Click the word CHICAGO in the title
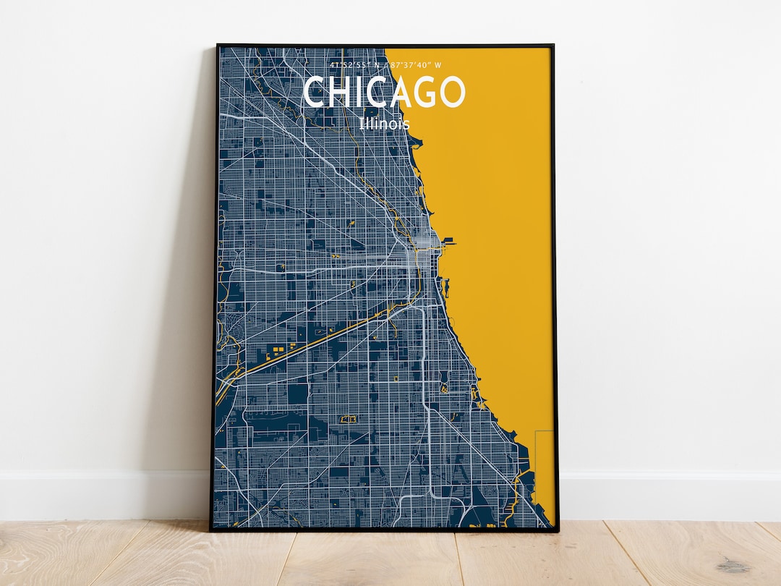[384, 92]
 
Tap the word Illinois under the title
[384, 124]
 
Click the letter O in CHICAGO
[451, 92]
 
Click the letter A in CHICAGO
[396, 92]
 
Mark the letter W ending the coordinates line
[438, 65]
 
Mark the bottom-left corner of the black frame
[212, 530]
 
